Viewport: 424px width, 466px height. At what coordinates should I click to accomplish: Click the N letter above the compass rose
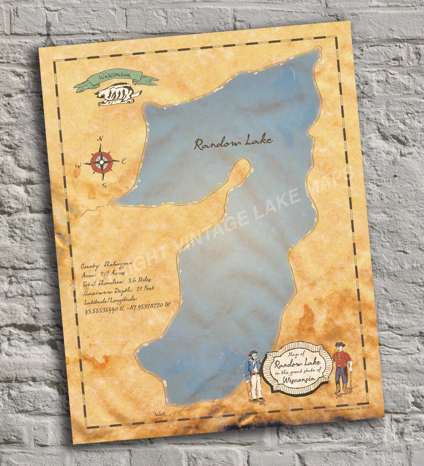pyautogui.click(x=101, y=138)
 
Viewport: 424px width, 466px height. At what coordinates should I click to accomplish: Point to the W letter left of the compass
pyautogui.click(x=78, y=165)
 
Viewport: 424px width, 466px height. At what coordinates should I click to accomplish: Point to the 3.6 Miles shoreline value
pyautogui.click(x=139, y=280)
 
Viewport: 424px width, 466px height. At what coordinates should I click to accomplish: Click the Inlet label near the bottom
pyautogui.click(x=160, y=413)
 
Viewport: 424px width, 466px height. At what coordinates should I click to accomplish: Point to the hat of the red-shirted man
pyautogui.click(x=339, y=344)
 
